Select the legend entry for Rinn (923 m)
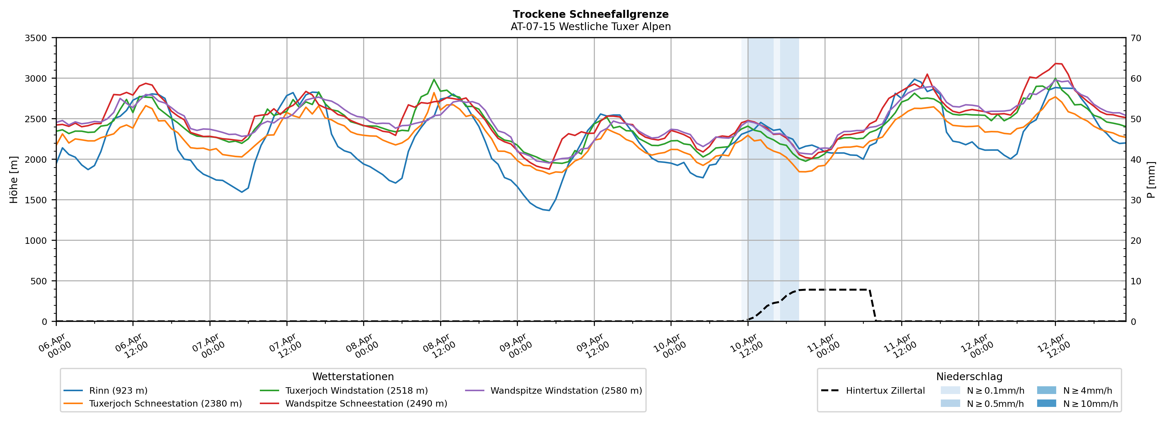click(x=118, y=391)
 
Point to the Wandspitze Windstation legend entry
click(x=566, y=391)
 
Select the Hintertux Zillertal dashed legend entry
click(x=885, y=391)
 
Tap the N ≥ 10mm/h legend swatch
click(x=1046, y=403)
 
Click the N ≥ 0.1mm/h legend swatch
click(x=950, y=391)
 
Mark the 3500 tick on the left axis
click(x=36, y=38)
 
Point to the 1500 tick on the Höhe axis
click(x=36, y=200)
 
